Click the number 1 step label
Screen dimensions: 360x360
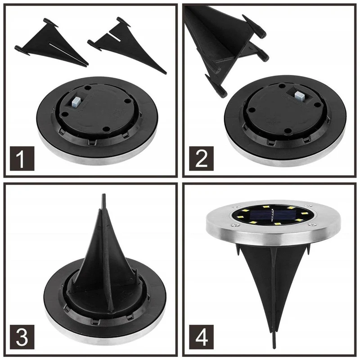[x=22, y=158]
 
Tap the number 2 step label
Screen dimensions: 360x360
[x=201, y=158]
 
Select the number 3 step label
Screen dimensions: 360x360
[x=22, y=337]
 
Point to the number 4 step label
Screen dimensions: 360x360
[x=201, y=337]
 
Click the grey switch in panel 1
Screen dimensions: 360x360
[x=76, y=102]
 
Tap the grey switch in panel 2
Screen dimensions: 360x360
[x=299, y=96]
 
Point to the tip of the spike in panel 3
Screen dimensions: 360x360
[x=104, y=195]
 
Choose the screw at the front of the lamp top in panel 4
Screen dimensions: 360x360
[x=234, y=225]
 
